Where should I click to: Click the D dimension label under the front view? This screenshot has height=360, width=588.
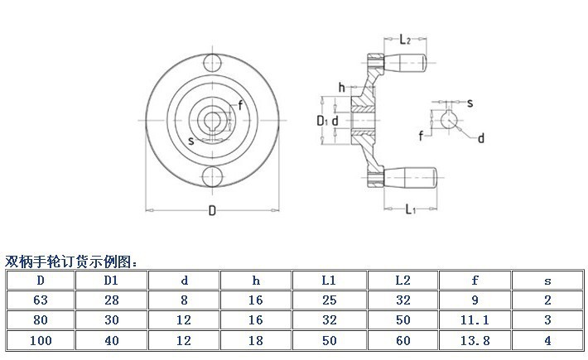coord(212,211)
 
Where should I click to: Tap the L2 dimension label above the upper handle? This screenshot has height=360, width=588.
coord(405,40)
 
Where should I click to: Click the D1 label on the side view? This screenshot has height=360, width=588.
coord(324,122)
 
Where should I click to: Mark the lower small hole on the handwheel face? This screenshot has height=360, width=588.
coord(213,176)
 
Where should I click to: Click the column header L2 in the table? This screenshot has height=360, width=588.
coord(402,280)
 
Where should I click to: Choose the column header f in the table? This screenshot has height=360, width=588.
coord(475,280)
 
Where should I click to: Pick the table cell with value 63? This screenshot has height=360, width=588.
coord(41,300)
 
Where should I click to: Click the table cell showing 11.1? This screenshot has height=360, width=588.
coord(475,319)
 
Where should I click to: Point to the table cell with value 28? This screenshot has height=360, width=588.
coord(112,300)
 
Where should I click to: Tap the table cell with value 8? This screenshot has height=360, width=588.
coord(184,300)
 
